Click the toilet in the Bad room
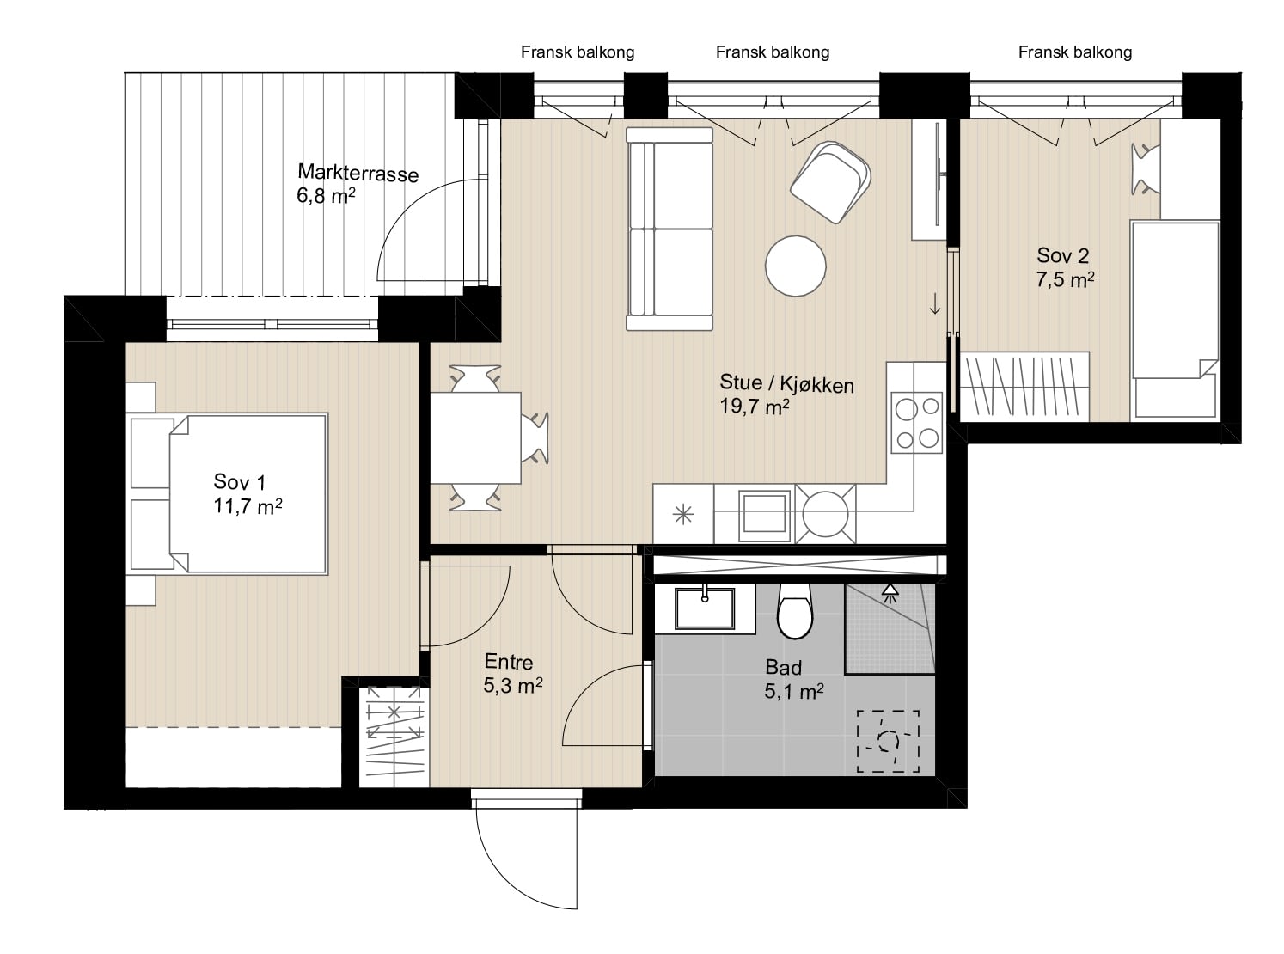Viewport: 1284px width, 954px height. pos(794,611)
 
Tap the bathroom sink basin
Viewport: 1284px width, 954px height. pos(705,608)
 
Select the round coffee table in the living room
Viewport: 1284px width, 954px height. pos(795,266)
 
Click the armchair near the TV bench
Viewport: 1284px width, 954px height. pos(829,181)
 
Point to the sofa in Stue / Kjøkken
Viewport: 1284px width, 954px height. pos(670,229)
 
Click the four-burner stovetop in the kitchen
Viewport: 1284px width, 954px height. pos(917,423)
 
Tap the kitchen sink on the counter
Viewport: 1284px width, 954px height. pos(764,514)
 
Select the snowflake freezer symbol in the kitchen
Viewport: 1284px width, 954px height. pos(683,515)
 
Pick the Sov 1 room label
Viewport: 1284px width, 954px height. pos(239,482)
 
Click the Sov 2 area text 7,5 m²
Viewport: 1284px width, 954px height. pos(1065,279)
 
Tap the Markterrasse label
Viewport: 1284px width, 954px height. pos(358,173)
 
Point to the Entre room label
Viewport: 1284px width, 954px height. pos(508,661)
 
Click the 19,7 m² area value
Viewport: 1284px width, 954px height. pos(755,407)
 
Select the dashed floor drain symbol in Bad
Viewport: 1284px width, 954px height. pos(888,741)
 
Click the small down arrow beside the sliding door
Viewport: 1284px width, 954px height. pos(935,303)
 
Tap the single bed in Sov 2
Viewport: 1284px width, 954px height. pos(1175,319)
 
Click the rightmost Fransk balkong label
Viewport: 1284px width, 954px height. pos(1075,52)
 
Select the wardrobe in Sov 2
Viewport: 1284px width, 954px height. pos(1024,387)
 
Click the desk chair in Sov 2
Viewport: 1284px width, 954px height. pos(1146,169)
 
